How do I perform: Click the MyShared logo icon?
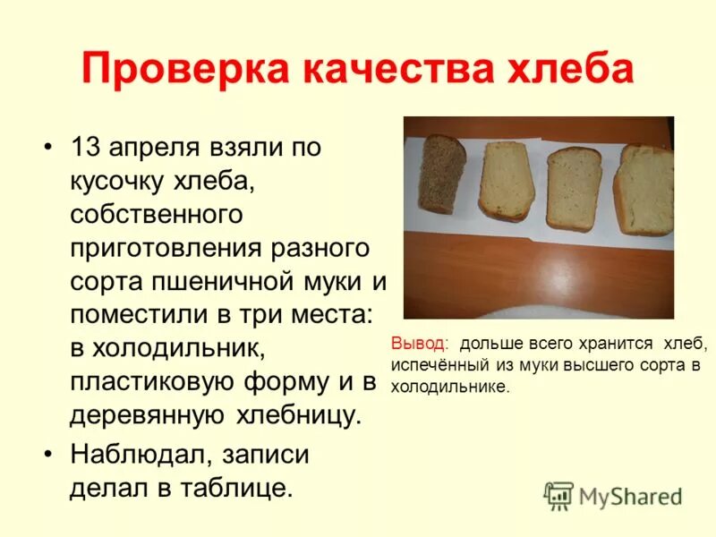558,495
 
